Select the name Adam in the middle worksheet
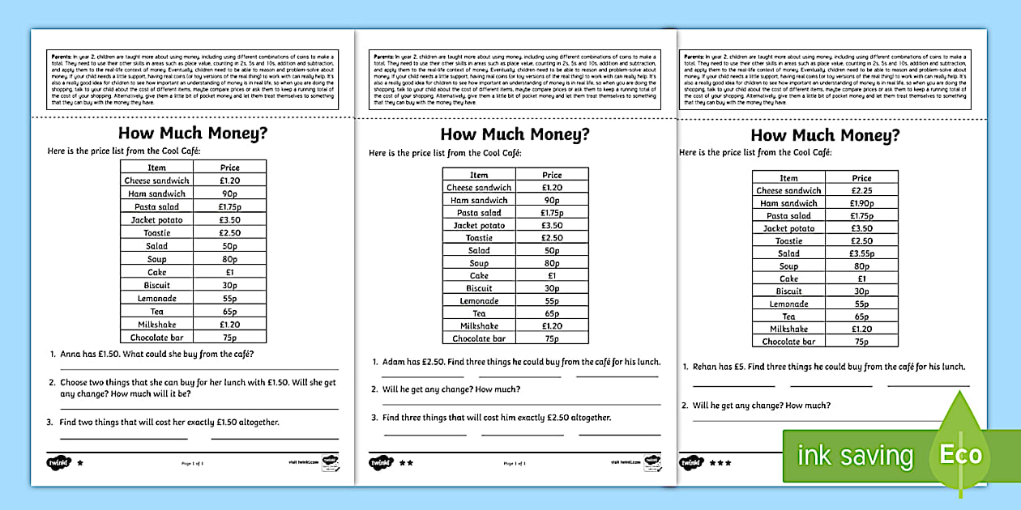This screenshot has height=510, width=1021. [394, 362]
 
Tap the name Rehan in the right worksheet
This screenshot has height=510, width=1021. [707, 367]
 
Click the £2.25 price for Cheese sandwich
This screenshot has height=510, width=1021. [861, 190]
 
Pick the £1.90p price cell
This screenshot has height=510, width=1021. [861, 203]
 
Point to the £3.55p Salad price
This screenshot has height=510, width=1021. [861, 253]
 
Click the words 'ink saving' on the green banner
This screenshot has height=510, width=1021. [855, 456]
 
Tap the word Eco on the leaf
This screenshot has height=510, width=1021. [960, 454]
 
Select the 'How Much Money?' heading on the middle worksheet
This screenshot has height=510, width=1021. [515, 134]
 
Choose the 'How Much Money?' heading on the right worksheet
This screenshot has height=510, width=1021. [825, 135]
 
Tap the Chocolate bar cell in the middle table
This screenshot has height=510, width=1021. [479, 338]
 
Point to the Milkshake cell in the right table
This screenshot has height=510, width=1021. [788, 329]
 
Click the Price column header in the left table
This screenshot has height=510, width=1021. [230, 168]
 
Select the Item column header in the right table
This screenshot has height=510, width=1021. [788, 178]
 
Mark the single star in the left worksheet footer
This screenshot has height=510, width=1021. [79, 463]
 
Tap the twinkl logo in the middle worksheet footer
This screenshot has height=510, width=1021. [380, 463]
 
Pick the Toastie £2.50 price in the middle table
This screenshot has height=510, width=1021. [552, 238]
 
